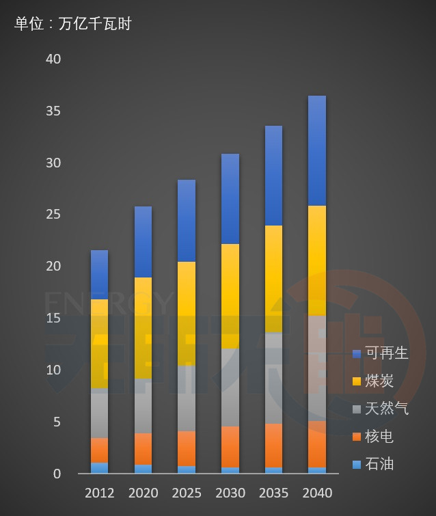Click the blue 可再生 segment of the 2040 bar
click(316, 150)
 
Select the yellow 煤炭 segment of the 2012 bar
click(99, 344)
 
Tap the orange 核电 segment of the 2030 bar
click(230, 446)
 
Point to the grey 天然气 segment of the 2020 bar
click(143, 406)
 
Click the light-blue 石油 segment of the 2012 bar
click(99, 468)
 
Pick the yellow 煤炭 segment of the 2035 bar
click(273, 279)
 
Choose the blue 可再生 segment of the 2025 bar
click(186, 220)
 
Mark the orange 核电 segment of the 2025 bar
click(186, 448)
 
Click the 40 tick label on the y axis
click(53, 59)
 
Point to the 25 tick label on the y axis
click(53, 215)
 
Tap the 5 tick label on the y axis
click(57, 422)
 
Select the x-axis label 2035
click(273, 493)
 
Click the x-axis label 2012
click(99, 493)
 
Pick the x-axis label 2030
click(230, 493)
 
